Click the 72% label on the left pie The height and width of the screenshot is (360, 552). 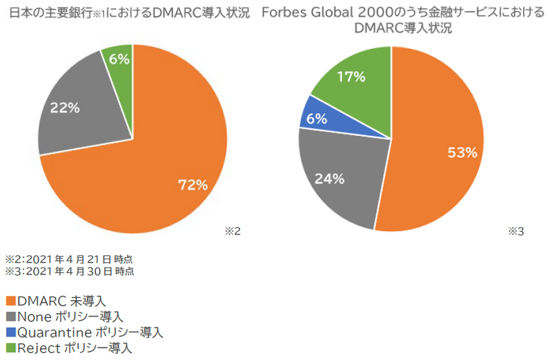pyautogui.click(x=193, y=184)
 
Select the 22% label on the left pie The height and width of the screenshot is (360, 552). pyautogui.click(x=65, y=108)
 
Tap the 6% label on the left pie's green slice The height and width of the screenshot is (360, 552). pyautogui.click(x=119, y=59)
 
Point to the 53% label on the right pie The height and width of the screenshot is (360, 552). pyautogui.click(x=462, y=152)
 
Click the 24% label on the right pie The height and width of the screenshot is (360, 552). pyautogui.click(x=329, y=179)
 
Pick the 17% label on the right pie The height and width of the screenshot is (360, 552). pyautogui.click(x=351, y=77)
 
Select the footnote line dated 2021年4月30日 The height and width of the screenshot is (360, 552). pyautogui.click(x=70, y=271)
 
